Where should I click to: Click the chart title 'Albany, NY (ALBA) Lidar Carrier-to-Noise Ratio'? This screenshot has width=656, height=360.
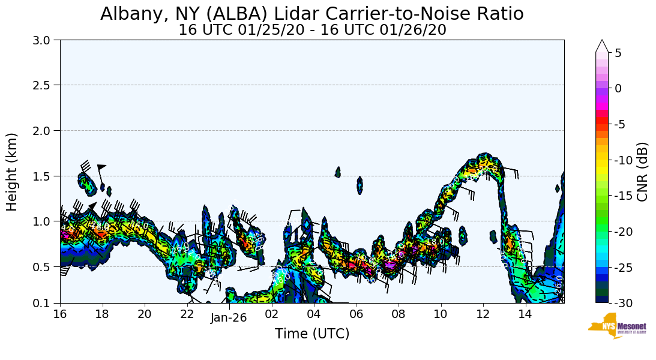(x=311, y=14)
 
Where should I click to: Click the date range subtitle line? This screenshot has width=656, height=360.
(x=311, y=29)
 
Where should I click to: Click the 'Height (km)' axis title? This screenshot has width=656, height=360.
(x=12, y=172)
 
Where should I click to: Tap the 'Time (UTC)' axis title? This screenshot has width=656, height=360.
(x=311, y=334)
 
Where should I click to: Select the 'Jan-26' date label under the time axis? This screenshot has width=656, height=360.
(x=228, y=318)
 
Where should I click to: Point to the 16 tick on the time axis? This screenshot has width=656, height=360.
(x=60, y=314)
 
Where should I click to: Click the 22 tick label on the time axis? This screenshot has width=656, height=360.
(x=187, y=314)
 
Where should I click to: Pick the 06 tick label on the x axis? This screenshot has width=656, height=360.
(x=357, y=314)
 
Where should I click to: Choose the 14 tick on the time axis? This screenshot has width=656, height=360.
(x=526, y=314)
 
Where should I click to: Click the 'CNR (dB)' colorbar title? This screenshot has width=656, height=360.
(x=642, y=172)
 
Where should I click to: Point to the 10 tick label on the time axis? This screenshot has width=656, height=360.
(x=441, y=314)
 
